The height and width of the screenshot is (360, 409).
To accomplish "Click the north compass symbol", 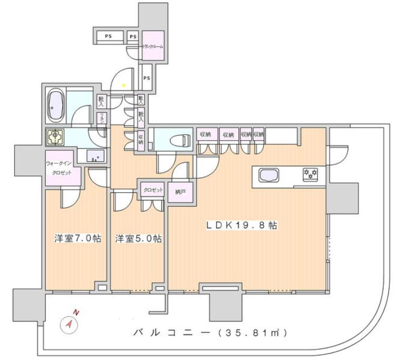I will [x=70, y=323].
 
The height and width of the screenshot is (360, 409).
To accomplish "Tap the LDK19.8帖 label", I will [x=241, y=225].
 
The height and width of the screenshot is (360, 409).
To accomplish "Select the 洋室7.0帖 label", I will [x=77, y=238].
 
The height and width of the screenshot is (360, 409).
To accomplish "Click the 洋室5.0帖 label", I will [x=138, y=238].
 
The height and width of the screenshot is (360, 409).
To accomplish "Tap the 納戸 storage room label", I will [x=181, y=192].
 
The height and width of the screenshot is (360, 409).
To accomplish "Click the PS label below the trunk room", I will [x=147, y=78].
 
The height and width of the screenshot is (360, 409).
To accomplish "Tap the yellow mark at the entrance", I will [x=124, y=85].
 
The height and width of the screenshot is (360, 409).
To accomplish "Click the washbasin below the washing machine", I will [x=95, y=156].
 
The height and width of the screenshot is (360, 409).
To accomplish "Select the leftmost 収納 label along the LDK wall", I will [x=204, y=135].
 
